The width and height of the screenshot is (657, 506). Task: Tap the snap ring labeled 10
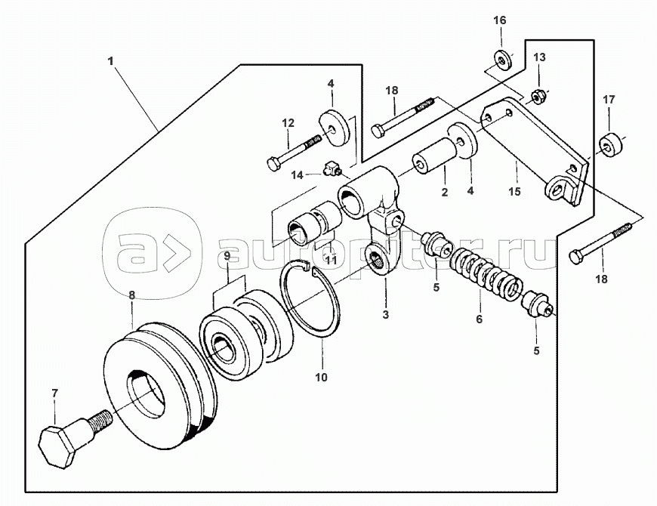[x=310, y=298]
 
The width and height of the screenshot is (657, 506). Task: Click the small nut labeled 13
[x=535, y=97]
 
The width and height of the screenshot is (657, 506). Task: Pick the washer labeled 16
[x=502, y=60]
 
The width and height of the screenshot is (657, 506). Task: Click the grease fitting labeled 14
[x=332, y=169]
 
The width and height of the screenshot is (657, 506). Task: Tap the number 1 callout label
[x=110, y=61]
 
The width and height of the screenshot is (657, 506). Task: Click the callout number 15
[x=514, y=191]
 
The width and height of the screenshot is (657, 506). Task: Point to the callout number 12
[x=288, y=123]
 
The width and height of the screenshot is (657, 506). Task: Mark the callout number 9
[x=227, y=255]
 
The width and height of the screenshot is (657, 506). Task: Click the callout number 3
[x=385, y=313]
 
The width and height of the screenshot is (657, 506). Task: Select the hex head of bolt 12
[x=273, y=163]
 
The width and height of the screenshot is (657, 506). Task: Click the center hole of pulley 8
[x=147, y=393]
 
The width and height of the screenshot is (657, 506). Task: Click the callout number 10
[x=321, y=377]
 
